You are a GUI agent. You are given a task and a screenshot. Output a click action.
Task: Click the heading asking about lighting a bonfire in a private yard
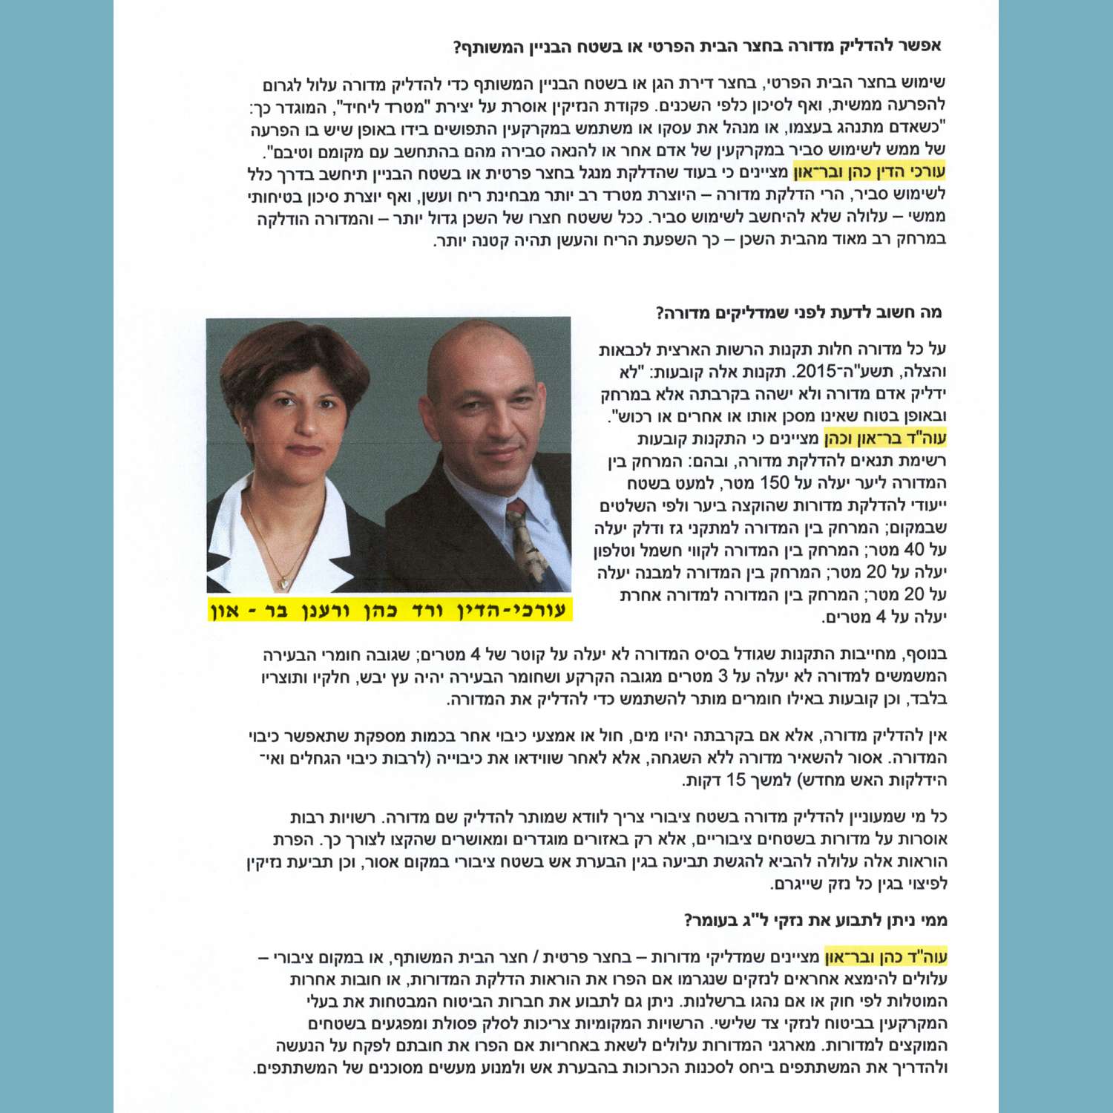tap(697, 47)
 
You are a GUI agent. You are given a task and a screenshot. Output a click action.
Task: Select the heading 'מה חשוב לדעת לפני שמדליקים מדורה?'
tap(798, 312)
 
